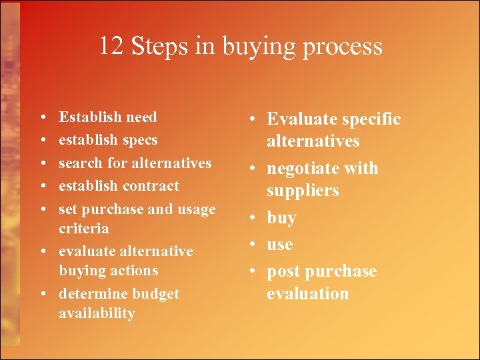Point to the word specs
click(140, 141)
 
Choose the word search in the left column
click(78, 163)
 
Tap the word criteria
click(83, 228)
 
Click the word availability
click(97, 313)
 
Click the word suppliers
click(303, 191)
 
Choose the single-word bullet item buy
click(281, 218)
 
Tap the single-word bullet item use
click(280, 245)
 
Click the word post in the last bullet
click(283, 271)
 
